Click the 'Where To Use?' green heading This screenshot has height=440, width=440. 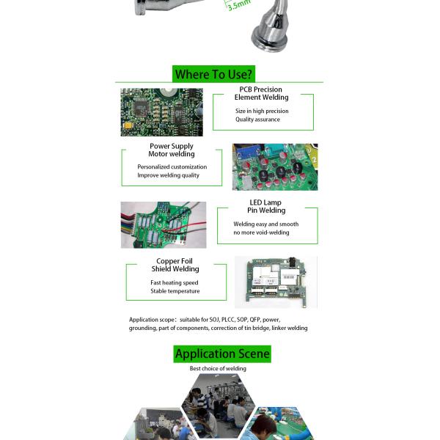[x=213, y=74]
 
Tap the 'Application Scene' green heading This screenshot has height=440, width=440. [x=222, y=353]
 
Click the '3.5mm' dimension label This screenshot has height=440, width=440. [x=238, y=6]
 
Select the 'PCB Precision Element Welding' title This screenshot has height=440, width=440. [x=261, y=93]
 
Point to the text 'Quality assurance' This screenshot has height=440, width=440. [x=257, y=120]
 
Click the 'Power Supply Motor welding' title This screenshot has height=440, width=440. [x=172, y=150]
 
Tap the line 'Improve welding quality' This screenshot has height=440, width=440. [x=168, y=175]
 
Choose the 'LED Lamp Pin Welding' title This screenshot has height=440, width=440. [x=265, y=206]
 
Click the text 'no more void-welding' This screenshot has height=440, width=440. [x=261, y=232]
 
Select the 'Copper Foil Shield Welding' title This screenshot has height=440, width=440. [x=175, y=265]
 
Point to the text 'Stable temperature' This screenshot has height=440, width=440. [x=175, y=291]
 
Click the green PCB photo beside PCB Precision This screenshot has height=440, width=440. [x=161, y=112]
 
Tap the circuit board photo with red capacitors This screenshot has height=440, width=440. [x=275, y=167]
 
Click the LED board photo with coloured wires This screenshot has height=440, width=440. [x=164, y=224]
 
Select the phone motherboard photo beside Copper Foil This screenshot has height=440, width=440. [x=276, y=282]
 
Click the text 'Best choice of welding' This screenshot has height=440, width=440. [x=218, y=369]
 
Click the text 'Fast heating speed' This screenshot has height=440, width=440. [x=175, y=282]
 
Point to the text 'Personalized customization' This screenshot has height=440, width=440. [x=172, y=167]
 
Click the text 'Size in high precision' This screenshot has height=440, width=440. [x=262, y=111]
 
